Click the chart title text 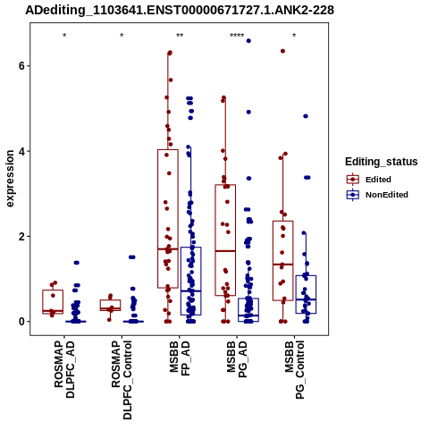point(180,10)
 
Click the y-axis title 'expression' point(10,179)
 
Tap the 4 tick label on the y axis point(21,151)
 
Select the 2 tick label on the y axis point(21,236)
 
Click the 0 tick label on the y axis point(21,322)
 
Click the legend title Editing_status point(382,162)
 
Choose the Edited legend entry point(369,180)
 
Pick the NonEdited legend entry point(377,195)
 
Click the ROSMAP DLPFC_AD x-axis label point(64,369)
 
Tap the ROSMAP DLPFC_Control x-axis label point(122,380)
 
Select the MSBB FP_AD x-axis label point(180,358)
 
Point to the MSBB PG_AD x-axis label point(237,359)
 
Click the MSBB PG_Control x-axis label point(295,370)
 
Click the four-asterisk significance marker point(237,36)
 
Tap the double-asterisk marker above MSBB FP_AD point(180,36)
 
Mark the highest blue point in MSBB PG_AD point(248,41)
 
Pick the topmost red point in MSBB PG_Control point(282,51)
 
